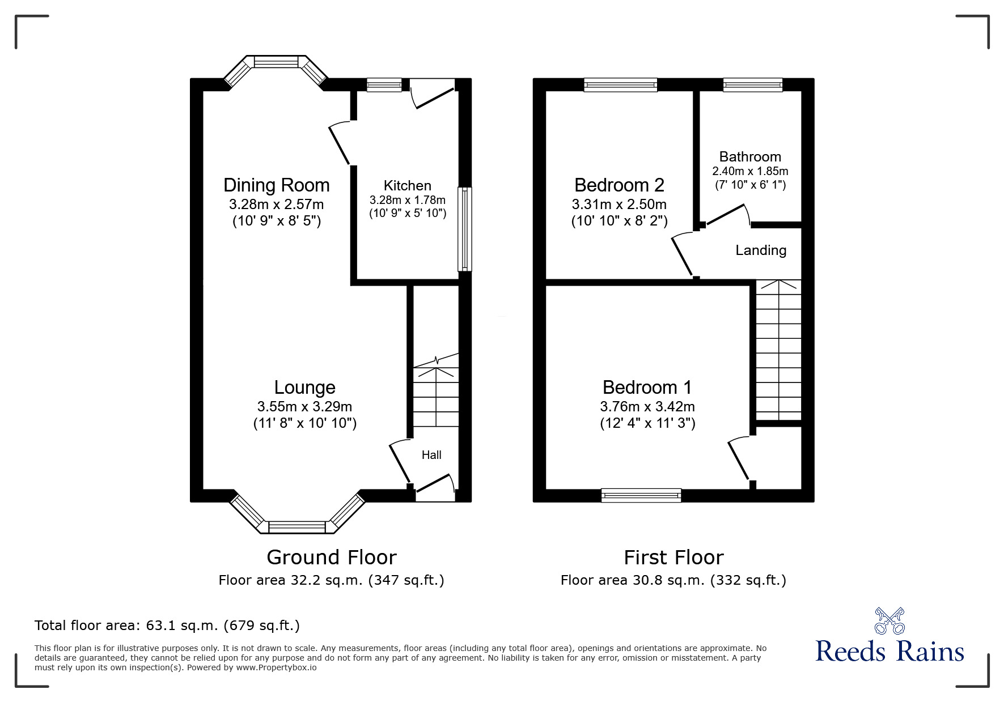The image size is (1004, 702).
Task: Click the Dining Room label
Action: click(x=276, y=185)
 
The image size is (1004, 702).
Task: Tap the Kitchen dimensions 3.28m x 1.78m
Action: click(x=407, y=200)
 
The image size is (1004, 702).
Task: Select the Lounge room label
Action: click(x=304, y=388)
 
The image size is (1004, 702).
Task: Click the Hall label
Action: click(x=431, y=455)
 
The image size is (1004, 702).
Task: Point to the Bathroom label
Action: click(x=749, y=157)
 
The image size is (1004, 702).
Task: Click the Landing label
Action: click(x=760, y=250)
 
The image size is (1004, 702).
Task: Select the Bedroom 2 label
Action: click(x=619, y=185)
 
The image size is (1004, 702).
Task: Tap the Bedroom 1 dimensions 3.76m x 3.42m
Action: click(x=647, y=407)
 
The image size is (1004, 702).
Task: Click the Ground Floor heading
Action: click(x=331, y=558)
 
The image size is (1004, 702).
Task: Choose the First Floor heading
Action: click(x=673, y=558)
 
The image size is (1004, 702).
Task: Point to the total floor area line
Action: click(x=167, y=626)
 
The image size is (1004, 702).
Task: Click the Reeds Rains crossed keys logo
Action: click(x=889, y=620)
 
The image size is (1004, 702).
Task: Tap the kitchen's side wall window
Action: click(x=464, y=229)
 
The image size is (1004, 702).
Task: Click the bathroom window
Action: click(x=752, y=85)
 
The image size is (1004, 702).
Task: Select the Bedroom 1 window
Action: click(x=641, y=496)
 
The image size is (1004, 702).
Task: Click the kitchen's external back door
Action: click(x=434, y=93)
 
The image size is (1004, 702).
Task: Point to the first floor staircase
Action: click(x=778, y=351)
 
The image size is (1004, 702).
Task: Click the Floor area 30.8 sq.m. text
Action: click(x=673, y=580)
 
